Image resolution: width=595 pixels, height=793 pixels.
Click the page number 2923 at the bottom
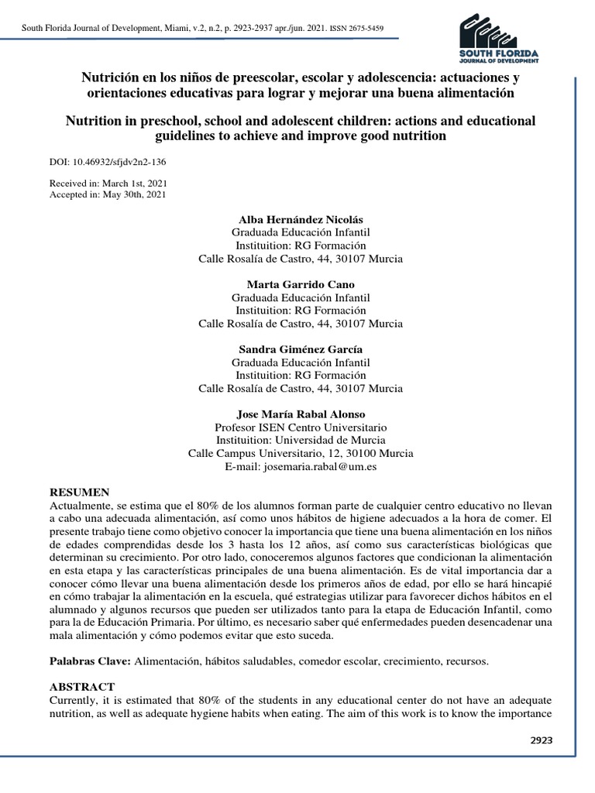[x=541, y=740]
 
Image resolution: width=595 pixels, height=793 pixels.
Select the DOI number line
[x=107, y=163]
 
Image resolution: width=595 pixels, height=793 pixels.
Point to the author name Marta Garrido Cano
[x=301, y=284]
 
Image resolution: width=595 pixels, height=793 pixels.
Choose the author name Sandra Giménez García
[x=301, y=349]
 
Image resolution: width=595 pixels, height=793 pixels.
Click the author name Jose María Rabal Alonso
[x=301, y=414]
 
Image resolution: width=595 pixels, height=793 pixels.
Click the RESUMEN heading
[x=80, y=493]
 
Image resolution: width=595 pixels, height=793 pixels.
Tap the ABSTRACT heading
[x=82, y=687]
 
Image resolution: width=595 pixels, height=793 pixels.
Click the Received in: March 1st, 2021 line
[x=108, y=183]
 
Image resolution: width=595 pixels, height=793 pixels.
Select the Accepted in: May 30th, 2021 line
[x=108, y=194]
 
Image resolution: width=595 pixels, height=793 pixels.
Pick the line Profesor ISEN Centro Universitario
[x=301, y=427]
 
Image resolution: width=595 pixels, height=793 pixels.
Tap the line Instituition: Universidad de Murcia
[x=301, y=441]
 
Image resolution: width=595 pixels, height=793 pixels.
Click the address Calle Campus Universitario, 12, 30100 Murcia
[x=301, y=454]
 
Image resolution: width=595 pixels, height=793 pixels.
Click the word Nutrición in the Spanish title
[x=111, y=78]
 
